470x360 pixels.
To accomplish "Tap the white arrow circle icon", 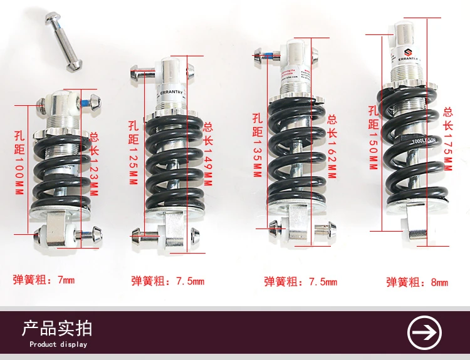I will (424, 332).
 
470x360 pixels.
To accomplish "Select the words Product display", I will (58, 344).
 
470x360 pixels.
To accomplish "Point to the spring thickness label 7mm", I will (44, 280).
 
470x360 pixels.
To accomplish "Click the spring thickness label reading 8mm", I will (417, 282).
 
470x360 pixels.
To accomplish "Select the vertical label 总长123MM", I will (95, 164).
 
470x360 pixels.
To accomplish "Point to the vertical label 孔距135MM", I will (256, 145).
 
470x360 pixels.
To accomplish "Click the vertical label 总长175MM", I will (447, 138).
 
